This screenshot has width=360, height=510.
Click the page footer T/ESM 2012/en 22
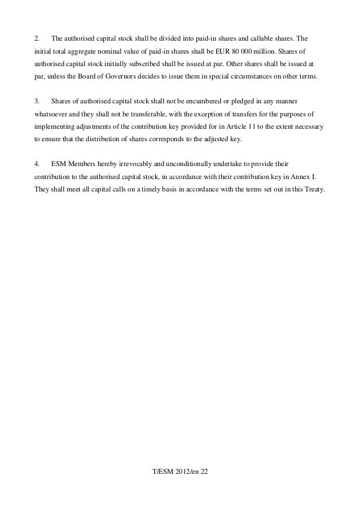180,486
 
